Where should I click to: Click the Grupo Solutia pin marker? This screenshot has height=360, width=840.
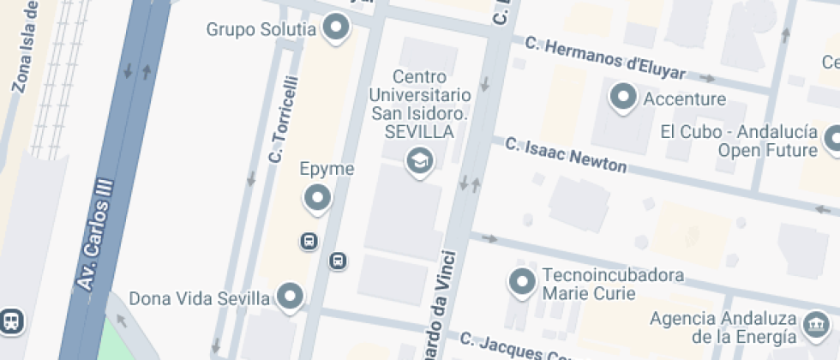(337, 30)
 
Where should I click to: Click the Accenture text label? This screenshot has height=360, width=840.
(684, 99)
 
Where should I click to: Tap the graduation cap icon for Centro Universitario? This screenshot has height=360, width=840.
(419, 159)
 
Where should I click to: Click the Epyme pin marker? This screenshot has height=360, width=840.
(318, 199)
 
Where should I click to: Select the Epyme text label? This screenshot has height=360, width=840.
(327, 169)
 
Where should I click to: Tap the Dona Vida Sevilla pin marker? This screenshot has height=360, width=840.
(291, 297)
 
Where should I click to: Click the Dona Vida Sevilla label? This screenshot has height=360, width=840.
(200, 298)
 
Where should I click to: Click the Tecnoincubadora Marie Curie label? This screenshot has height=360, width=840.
(613, 285)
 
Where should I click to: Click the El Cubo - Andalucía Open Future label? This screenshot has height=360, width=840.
(738, 141)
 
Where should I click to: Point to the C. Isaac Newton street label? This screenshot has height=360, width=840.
(566, 155)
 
